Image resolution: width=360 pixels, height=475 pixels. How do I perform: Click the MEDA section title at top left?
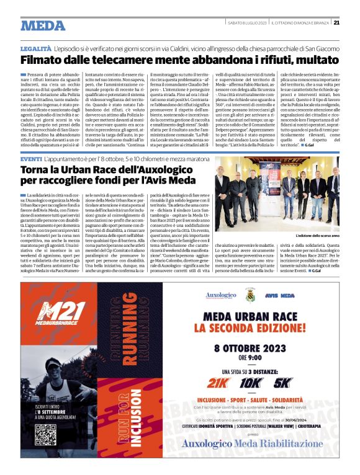[43, 25]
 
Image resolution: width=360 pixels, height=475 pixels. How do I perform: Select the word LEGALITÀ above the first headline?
[35, 48]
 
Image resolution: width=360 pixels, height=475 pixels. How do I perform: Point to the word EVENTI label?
[31, 160]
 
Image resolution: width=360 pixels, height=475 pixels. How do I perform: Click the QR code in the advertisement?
[45, 433]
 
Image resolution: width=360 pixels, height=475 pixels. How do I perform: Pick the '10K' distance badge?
[251, 383]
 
